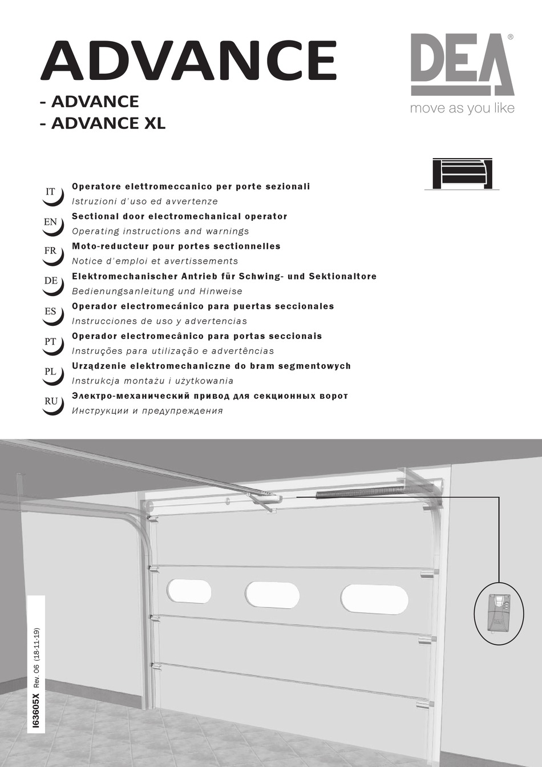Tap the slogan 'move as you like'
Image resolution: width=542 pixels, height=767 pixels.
click(x=462, y=108)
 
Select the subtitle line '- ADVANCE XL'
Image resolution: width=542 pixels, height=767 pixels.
click(x=103, y=123)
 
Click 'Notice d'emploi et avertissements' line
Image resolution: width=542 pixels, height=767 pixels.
click(x=155, y=261)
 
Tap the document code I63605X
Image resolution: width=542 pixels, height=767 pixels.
click(x=37, y=711)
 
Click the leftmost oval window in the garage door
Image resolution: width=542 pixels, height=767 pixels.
click(x=189, y=591)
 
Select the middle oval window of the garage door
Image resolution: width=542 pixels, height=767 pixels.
click(x=272, y=595)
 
